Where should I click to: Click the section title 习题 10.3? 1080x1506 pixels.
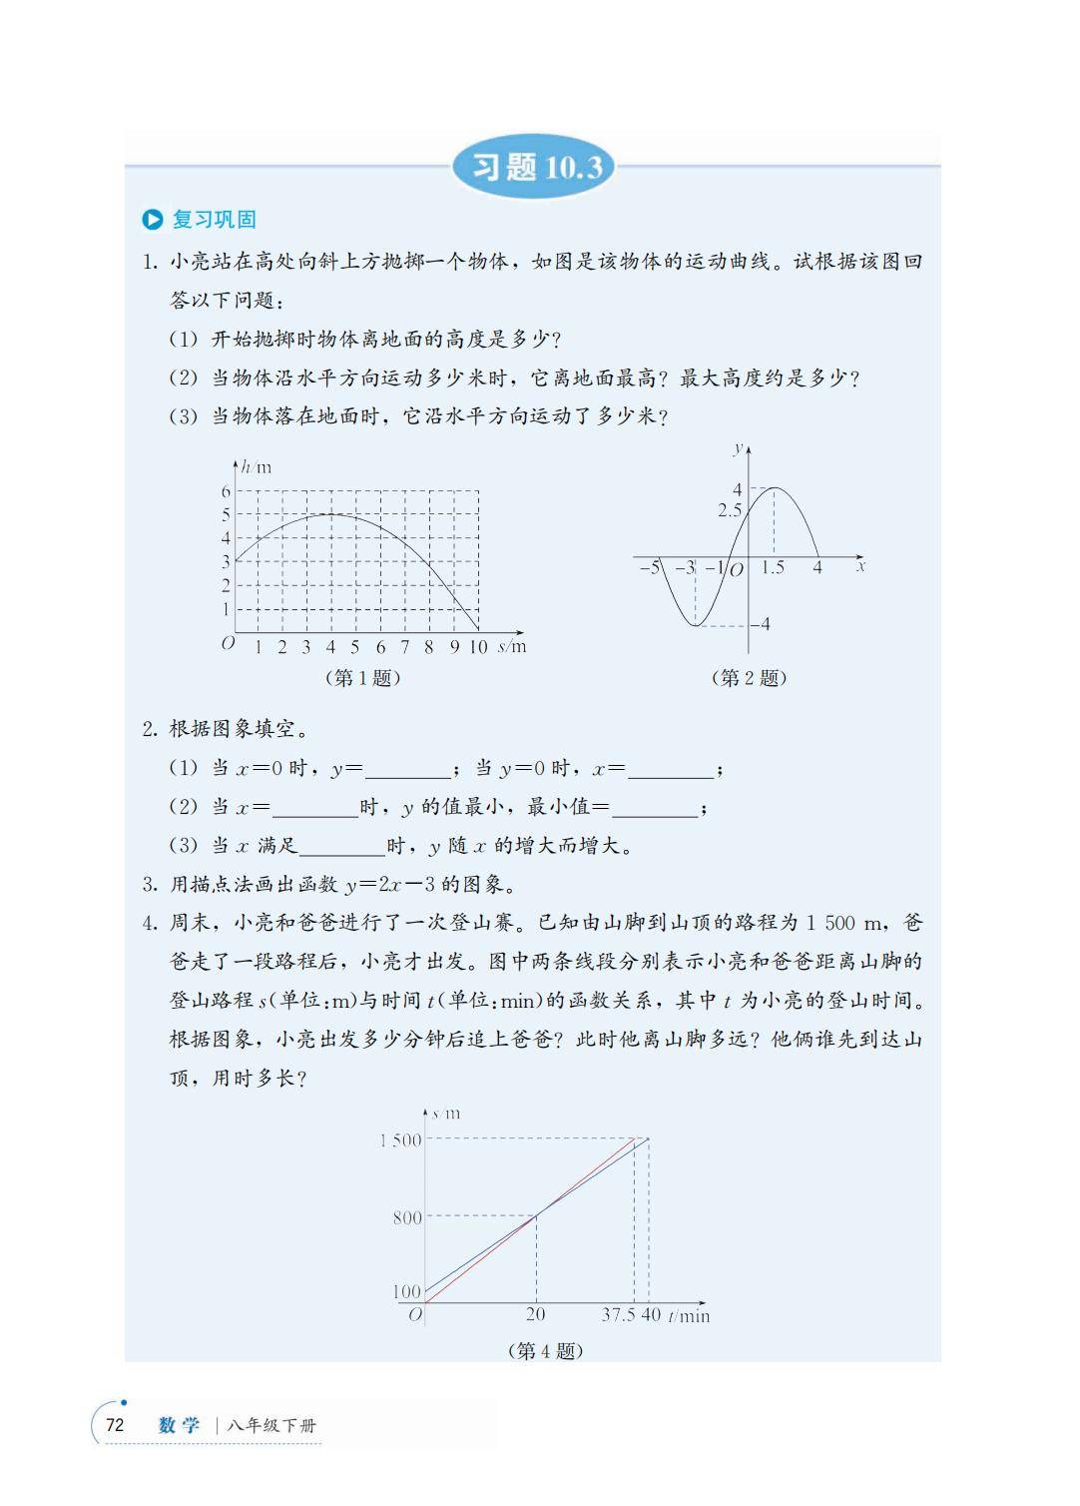(x=537, y=167)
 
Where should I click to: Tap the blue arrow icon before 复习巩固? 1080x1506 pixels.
(x=153, y=220)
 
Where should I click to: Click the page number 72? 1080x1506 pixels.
(x=115, y=1425)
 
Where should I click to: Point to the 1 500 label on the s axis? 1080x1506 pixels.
(x=400, y=1139)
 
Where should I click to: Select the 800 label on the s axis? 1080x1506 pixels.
(x=407, y=1217)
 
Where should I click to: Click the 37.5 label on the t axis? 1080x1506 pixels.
(x=619, y=1315)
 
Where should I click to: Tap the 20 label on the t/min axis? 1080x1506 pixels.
(x=536, y=1314)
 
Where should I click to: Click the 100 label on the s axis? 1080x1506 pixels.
(x=407, y=1291)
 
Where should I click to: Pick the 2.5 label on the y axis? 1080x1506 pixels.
(x=730, y=510)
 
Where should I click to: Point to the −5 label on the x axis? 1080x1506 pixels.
(x=649, y=568)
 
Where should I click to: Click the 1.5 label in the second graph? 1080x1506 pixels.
(x=773, y=568)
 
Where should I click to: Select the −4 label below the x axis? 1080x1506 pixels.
(x=761, y=624)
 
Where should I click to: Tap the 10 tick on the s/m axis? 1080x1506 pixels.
(x=478, y=647)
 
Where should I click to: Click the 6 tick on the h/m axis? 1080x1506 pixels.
(x=226, y=491)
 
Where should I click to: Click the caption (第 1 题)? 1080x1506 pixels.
(x=362, y=678)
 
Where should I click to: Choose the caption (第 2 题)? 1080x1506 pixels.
(x=749, y=678)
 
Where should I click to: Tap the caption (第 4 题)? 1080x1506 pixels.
(x=545, y=1351)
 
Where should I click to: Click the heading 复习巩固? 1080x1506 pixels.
(x=215, y=220)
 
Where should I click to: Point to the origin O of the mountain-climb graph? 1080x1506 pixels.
(x=416, y=1315)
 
